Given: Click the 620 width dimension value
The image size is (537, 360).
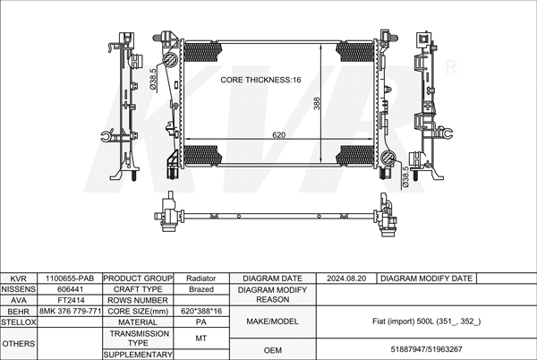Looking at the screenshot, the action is [278, 135].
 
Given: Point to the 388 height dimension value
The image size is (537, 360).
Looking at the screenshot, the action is [317, 104].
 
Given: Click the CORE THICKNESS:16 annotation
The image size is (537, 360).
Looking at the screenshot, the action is [260, 80].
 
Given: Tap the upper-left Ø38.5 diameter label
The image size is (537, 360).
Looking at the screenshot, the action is [153, 79].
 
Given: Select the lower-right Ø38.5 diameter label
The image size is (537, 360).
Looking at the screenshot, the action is [405, 176].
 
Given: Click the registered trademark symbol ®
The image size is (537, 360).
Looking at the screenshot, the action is [451, 67].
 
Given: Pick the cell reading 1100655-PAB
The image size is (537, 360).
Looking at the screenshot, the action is [70, 279].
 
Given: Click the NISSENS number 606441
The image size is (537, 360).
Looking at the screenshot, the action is [70, 289].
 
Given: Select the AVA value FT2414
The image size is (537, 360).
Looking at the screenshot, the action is [71, 300].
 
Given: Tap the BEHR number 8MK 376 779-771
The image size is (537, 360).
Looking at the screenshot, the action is [70, 311].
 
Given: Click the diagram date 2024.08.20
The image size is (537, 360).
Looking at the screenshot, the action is [346, 279].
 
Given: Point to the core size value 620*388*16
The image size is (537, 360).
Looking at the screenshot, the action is [201, 311].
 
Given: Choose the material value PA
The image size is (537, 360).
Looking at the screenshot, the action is [201, 322].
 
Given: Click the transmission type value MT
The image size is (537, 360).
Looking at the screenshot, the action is [201, 339].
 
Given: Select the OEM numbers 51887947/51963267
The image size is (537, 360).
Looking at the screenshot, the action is [426, 349].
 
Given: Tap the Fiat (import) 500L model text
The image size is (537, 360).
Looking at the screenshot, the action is [426, 321].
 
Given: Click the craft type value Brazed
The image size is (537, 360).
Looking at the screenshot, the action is [201, 289].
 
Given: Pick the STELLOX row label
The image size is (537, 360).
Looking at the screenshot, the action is [18, 322].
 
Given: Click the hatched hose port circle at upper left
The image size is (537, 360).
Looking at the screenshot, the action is [170, 60].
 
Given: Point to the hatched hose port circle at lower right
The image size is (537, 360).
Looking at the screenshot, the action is [388, 158].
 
